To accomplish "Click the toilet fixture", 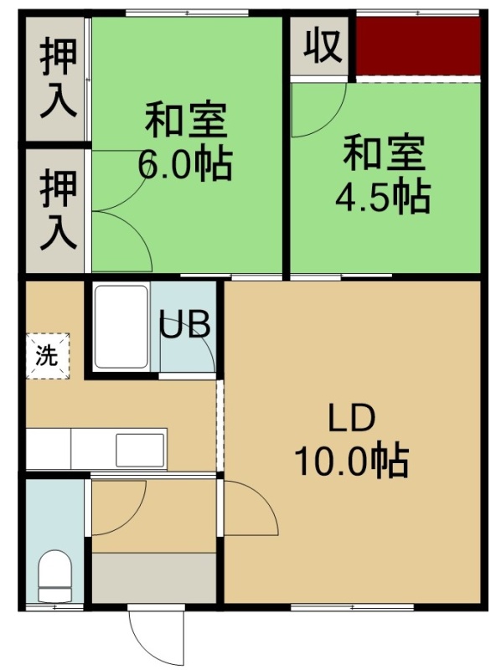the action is [x=54, y=575].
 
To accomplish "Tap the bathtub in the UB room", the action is [x=121, y=327].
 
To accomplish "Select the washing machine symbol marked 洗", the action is [x=47, y=355].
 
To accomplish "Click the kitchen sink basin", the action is [x=140, y=450].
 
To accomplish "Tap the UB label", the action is [x=185, y=325].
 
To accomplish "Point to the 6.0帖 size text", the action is [x=184, y=164].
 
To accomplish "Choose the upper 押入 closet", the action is [x=57, y=78].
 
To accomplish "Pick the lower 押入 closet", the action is [x=57, y=210].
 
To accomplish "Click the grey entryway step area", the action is [x=154, y=578].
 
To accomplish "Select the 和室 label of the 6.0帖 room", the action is [x=185, y=120].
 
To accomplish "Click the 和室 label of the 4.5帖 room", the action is [x=384, y=152].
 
